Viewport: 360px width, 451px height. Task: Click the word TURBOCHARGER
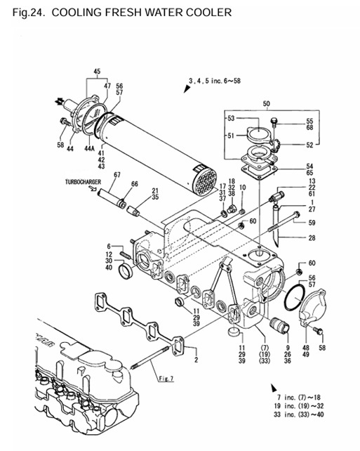[x=83, y=182]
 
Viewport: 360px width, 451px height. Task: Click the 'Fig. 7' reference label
[x=166, y=379]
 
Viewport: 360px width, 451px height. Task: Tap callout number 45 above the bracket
[x=97, y=72]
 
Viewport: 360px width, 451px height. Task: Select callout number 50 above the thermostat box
[x=267, y=103]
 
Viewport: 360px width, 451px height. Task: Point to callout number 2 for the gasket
[x=196, y=360]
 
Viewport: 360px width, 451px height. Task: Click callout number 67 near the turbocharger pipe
[x=117, y=175]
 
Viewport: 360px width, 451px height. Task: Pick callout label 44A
[x=89, y=148]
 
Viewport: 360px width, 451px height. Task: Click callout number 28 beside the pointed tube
[x=312, y=238]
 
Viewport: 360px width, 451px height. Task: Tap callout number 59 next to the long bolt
[x=312, y=223]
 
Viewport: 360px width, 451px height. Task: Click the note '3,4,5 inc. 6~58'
[x=215, y=81]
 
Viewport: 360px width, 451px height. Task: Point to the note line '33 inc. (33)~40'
[x=299, y=414]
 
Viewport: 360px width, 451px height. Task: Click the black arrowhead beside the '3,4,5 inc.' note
[x=187, y=89]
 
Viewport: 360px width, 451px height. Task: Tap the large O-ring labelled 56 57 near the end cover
[x=294, y=297]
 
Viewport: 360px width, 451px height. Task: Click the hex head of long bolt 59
[x=297, y=215]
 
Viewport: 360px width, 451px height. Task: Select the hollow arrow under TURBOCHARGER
[x=93, y=188]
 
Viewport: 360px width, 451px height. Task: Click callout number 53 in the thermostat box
[x=231, y=118]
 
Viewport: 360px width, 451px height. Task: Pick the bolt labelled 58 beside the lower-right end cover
[x=319, y=330]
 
